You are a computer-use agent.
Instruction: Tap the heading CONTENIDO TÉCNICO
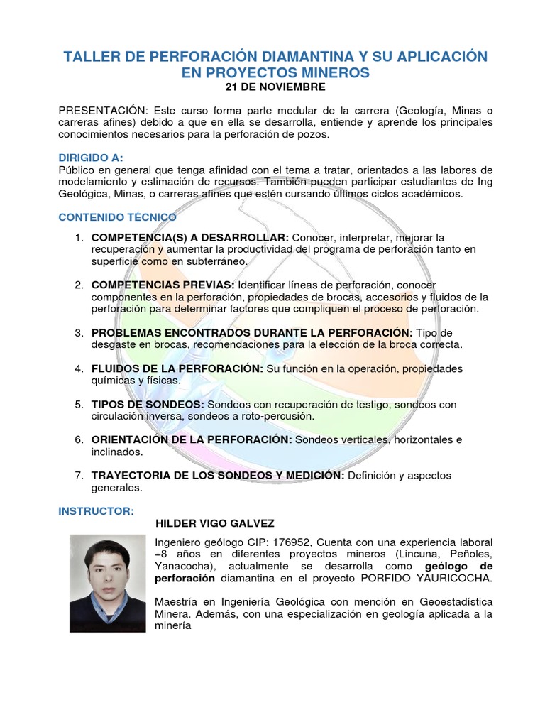[117, 217]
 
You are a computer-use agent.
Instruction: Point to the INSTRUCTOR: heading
[96, 510]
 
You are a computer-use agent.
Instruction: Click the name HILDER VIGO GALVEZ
[214, 524]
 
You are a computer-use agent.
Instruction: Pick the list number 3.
[79, 333]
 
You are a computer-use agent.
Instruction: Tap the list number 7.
[79, 475]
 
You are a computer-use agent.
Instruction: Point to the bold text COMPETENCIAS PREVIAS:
[163, 285]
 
